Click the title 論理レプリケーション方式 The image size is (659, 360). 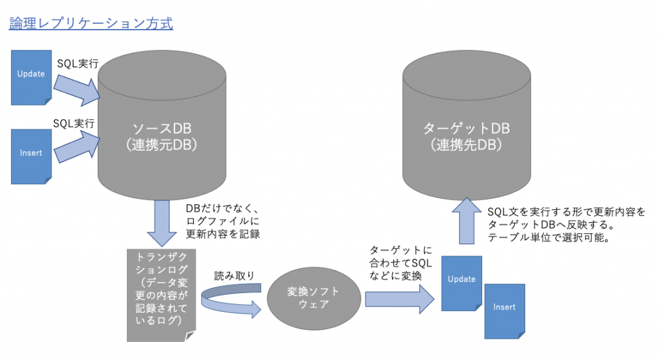91,24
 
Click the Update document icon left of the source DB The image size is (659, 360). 32,75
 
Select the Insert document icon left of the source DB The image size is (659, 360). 32,155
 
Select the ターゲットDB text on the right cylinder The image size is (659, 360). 467,129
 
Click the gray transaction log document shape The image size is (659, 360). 158,294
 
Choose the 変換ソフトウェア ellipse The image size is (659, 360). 313,298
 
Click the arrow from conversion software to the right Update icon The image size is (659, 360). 399,298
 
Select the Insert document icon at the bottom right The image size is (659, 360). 505,310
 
